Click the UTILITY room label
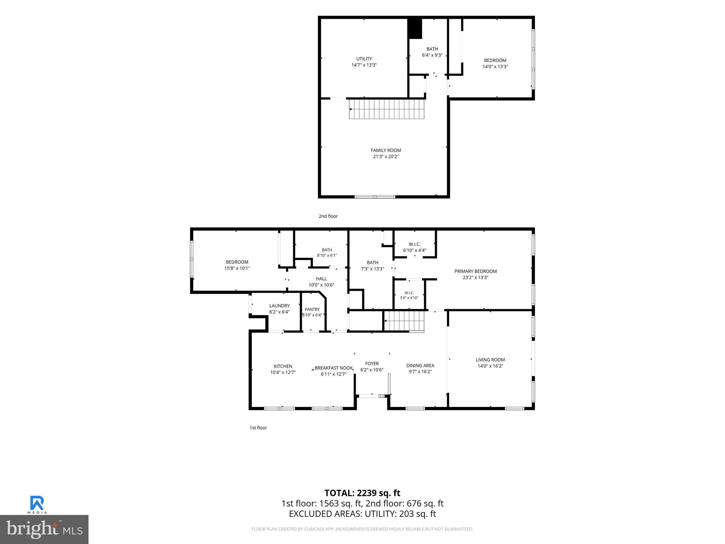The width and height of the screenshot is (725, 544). click(x=364, y=59)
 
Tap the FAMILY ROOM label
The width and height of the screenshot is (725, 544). click(x=386, y=151)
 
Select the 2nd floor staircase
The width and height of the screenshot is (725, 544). click(x=387, y=109)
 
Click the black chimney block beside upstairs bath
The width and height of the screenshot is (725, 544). click(x=415, y=28)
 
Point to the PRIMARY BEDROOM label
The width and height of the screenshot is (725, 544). click(x=475, y=271)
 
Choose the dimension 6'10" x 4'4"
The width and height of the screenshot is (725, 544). click(x=415, y=250)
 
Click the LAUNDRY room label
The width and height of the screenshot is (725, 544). click(x=279, y=306)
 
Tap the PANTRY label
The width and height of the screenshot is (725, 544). click(x=312, y=309)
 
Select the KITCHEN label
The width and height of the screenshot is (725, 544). click(x=283, y=366)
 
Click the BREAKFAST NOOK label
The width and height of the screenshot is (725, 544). click(x=334, y=368)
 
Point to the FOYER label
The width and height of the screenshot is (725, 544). click(x=372, y=363)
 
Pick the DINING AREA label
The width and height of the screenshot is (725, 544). click(x=420, y=365)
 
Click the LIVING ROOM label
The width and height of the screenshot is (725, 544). click(x=490, y=360)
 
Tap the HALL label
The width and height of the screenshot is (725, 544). click(x=321, y=279)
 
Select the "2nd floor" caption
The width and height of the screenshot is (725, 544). click(x=328, y=216)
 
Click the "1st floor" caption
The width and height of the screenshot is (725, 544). click(x=258, y=428)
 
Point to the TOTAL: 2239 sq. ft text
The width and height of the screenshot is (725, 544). click(x=362, y=493)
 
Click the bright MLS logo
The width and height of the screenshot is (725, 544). click(x=44, y=529)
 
